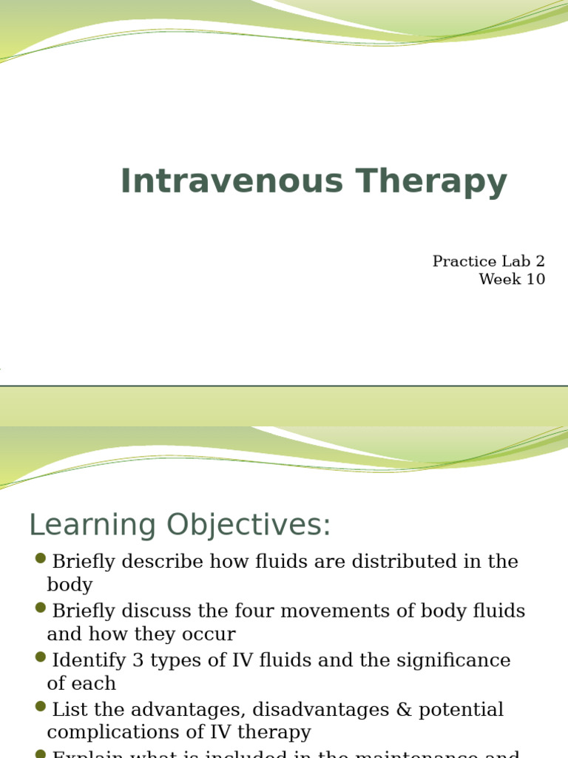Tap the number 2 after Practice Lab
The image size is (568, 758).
tap(540, 261)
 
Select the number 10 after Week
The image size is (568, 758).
tap(535, 279)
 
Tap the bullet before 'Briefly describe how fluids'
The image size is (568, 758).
tap(41, 559)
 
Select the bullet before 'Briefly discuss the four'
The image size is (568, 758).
tap(41, 608)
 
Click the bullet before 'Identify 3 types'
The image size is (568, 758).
tap(41, 657)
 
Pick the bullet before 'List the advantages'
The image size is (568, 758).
tap(41, 707)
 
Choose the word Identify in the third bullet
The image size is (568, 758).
tap(85, 660)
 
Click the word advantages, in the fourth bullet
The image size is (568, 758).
tap(182, 710)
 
